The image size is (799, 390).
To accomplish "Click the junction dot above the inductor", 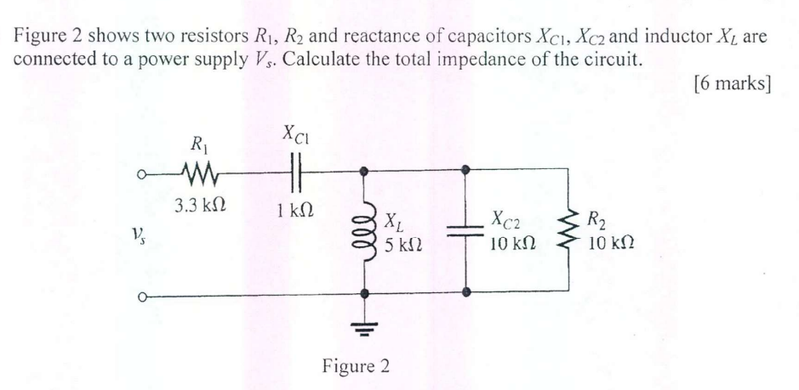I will coord(365,173).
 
